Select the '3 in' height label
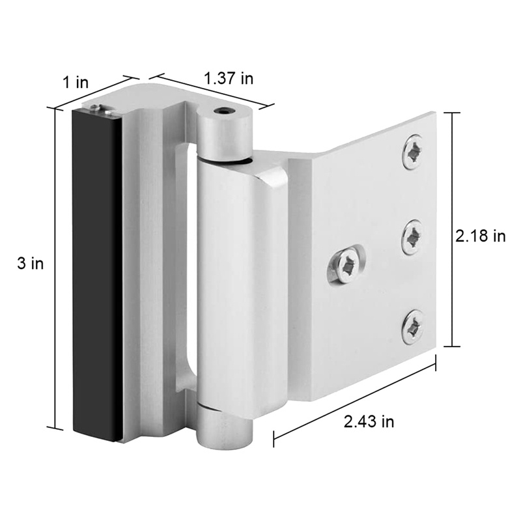tap(31, 264)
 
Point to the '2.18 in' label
tap(480, 236)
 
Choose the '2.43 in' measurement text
tap(369, 421)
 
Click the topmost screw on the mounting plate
tap(412, 152)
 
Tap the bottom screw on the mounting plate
tap(412, 327)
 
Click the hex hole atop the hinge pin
tap(225, 112)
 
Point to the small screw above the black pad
tap(96, 109)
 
